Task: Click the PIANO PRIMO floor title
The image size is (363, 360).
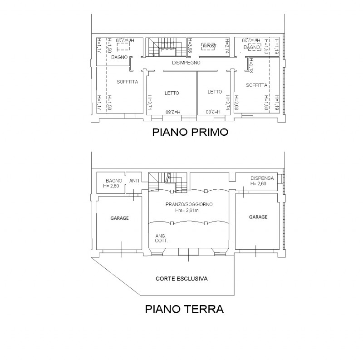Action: pyautogui.click(x=190, y=132)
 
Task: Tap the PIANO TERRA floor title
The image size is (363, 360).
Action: pyautogui.click(x=184, y=309)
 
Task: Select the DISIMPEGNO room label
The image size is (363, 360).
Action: pyautogui.click(x=186, y=63)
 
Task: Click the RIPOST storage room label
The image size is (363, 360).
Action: pyautogui.click(x=210, y=46)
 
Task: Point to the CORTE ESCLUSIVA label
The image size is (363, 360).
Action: pyautogui.click(x=181, y=278)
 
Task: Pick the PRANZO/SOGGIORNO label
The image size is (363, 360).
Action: pyautogui.click(x=189, y=204)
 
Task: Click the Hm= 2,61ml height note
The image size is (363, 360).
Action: pyautogui.click(x=187, y=210)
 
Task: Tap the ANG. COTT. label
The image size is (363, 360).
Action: pyautogui.click(x=162, y=238)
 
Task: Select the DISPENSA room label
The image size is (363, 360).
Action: pyautogui.click(x=262, y=178)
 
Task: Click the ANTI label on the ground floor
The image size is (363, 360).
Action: pyautogui.click(x=134, y=181)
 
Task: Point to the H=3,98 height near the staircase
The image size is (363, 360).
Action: pyautogui.click(x=190, y=45)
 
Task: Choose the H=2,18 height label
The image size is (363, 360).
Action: pyautogui.click(x=251, y=65)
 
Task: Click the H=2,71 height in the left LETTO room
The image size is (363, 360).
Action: pyautogui.click(x=150, y=102)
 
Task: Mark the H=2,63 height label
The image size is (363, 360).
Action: pyautogui.click(x=236, y=103)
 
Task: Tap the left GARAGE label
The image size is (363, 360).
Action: pyautogui.click(x=119, y=218)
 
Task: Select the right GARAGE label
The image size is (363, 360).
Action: pyautogui.click(x=258, y=217)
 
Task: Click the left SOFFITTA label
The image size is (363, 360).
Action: pyautogui.click(x=128, y=82)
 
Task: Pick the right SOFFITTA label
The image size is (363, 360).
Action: pyautogui.click(x=256, y=85)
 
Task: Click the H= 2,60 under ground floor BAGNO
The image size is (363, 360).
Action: pyautogui.click(x=111, y=186)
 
